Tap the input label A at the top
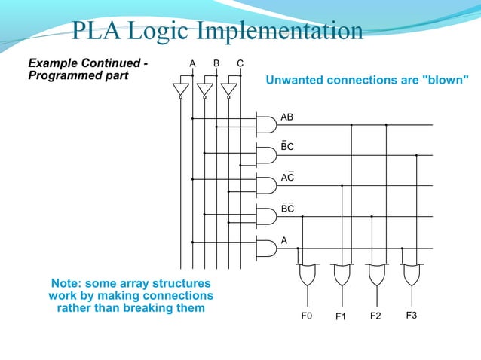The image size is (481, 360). pos(192,63)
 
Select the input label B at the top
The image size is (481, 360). pos(216,63)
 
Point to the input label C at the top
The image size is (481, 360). pos(240,63)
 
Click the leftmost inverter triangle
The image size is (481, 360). pos(180,90)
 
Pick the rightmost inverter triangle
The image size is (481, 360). pos(228,90)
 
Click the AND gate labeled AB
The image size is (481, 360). pos(266,124)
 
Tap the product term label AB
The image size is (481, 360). pos(286,117)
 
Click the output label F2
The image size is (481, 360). pos(375,316)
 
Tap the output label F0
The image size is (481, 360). pos(306,316)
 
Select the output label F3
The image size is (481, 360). pos(411,316)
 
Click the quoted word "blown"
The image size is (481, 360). pos(446,79)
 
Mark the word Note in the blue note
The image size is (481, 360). pos(66,283)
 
